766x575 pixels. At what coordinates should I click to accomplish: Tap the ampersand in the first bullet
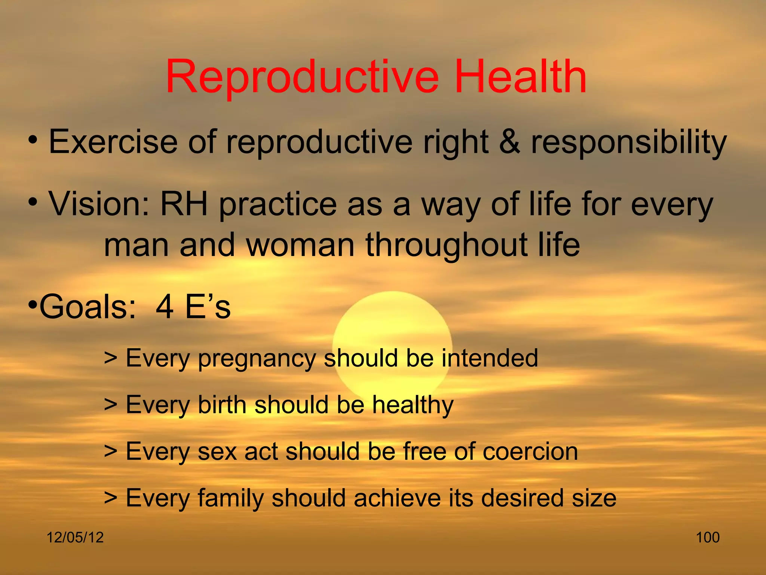click(x=509, y=142)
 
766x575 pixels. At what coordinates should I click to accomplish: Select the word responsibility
click(x=629, y=143)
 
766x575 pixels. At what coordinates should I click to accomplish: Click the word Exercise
click(x=113, y=142)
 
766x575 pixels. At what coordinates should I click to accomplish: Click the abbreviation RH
click(x=184, y=204)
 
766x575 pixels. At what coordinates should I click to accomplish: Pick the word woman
click(x=300, y=246)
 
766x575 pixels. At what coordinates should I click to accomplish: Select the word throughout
click(x=446, y=246)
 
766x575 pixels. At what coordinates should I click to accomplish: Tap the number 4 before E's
click(x=165, y=307)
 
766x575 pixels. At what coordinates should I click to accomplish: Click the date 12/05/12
click(x=75, y=538)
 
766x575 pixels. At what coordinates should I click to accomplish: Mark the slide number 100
click(x=708, y=538)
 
